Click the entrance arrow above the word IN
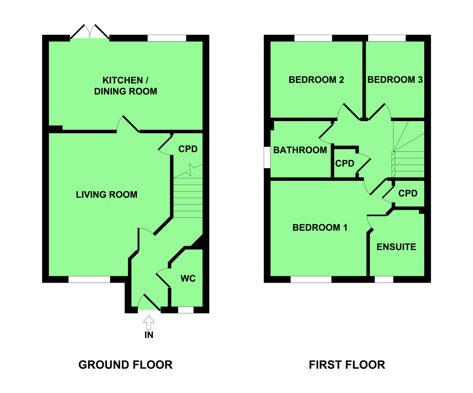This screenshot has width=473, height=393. click(149, 322)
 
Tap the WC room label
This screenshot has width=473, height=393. click(188, 278)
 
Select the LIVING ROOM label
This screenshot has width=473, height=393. click(106, 195)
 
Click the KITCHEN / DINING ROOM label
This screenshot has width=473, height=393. click(125, 86)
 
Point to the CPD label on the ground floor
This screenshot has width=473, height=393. click(188, 149)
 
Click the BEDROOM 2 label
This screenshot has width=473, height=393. click(316, 80)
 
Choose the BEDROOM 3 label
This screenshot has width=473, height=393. click(395, 80)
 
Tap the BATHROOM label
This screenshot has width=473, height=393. click(300, 150)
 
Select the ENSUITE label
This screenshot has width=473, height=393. click(396, 247)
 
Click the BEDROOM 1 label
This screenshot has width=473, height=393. click(320, 227)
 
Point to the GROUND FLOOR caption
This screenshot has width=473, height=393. click(125, 365)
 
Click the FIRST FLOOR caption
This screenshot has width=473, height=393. click(347, 365)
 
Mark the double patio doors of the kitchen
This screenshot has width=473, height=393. click(90, 32)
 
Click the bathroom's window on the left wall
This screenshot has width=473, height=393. click(267, 157)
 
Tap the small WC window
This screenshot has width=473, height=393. click(186, 310)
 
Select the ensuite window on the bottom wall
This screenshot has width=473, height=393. click(384, 279)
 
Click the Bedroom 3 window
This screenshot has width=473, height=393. click(387, 38)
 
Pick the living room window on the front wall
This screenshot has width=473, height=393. click(89, 279)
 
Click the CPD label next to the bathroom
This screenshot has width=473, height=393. click(345, 163)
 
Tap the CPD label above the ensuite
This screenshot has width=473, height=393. click(408, 193)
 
